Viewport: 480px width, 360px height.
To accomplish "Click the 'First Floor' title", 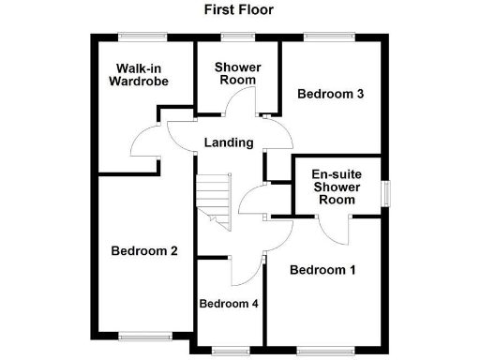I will [239, 10].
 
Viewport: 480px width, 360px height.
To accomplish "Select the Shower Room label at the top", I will [237, 73].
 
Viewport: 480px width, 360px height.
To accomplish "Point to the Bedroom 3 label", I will [330, 94].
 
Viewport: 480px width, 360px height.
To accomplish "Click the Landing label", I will [230, 142].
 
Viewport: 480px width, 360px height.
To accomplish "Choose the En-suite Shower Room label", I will [336, 187].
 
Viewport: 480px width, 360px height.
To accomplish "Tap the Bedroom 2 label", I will [144, 250].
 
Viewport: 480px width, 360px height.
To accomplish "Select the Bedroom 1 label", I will [322, 270].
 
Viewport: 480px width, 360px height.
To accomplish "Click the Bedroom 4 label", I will [230, 304].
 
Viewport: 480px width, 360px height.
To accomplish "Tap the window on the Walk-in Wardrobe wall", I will [142, 37].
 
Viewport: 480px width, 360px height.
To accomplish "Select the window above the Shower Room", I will [237, 37].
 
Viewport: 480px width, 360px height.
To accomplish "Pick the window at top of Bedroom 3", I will [328, 37].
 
